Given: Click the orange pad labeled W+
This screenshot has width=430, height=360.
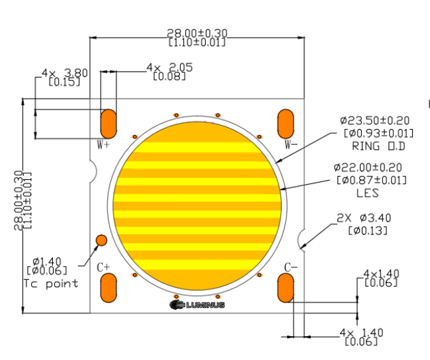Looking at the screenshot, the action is tap(108, 124).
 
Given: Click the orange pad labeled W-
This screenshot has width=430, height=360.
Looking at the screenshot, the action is tap(286, 124).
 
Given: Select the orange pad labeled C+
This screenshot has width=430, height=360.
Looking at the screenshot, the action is tap(108, 288).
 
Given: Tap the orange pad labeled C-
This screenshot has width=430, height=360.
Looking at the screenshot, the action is tap(286, 288).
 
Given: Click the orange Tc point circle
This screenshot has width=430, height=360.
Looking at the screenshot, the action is tap(101, 240).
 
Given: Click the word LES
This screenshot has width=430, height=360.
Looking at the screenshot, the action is tap(368, 193).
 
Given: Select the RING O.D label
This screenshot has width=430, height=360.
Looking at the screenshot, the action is tap(378, 146).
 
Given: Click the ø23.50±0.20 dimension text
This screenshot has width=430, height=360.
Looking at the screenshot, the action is tap(375, 120).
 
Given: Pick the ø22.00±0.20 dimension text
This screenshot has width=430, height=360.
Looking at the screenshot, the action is tap(368, 167).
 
